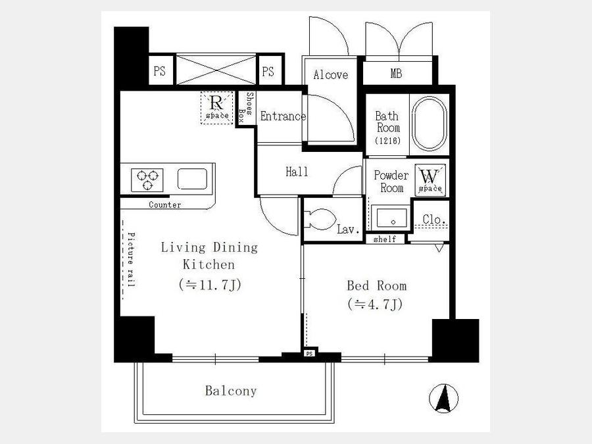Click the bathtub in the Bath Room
430,124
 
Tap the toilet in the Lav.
320,219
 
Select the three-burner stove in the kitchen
147,180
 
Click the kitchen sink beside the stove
192,178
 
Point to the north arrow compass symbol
443,399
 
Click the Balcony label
231,390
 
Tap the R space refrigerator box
216,108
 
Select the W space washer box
430,180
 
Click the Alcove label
330,75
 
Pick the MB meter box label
396,73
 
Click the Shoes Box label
245,107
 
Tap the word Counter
164,205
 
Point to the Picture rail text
131,259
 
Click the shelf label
385,239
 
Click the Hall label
297,172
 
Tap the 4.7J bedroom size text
375,304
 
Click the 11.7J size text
210,284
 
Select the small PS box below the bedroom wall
310,354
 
